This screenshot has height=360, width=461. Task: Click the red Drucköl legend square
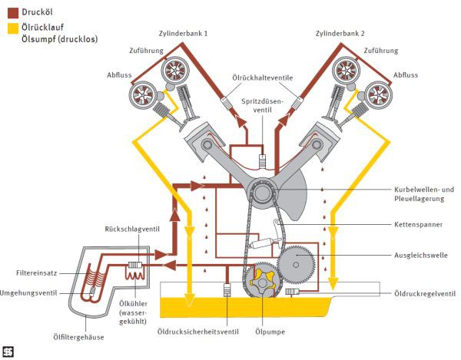coord(12,12)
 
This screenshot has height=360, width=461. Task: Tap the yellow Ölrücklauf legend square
coord(12,28)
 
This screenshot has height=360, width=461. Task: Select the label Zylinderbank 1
coord(183,34)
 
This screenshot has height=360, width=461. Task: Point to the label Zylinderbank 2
coord(340,34)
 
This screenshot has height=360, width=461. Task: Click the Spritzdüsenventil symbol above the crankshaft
coord(263,161)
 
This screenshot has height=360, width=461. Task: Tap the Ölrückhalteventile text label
coord(263,78)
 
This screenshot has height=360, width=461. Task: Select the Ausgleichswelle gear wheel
coord(296,265)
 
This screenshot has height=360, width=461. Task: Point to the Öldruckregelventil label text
coord(425,293)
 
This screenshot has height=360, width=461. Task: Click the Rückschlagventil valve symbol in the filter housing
coord(135,266)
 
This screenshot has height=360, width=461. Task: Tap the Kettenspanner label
coord(418,225)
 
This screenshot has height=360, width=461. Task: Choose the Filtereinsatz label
coord(36,273)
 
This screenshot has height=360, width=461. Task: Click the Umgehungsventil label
coord(28,293)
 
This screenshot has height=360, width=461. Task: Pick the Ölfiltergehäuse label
coord(78,337)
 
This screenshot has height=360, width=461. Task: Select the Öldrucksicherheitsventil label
coord(198,332)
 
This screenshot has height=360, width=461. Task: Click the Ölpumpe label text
coord(270,332)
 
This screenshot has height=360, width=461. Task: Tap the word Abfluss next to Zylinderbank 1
coord(119,75)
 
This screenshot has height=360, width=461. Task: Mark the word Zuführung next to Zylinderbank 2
coord(381,51)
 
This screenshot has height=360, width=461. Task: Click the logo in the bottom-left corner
coord(8,352)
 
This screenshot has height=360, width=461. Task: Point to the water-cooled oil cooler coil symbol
coord(134,276)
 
